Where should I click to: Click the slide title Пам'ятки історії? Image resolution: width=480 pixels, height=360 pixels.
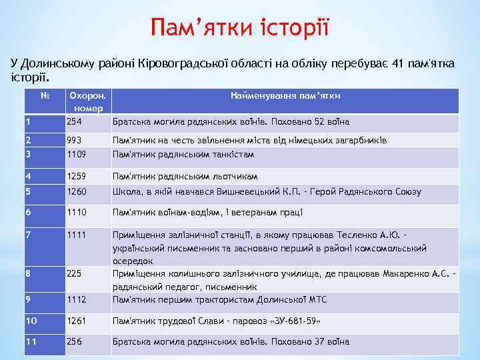point(240,27)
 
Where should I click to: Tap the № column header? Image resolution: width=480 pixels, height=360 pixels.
point(45,96)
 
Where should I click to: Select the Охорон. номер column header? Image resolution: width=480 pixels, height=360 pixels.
point(87,101)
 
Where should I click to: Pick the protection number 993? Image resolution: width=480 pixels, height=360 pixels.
point(75,141)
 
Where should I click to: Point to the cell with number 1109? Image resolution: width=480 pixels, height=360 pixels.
point(77,154)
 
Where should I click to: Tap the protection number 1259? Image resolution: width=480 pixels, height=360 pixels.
point(77,177)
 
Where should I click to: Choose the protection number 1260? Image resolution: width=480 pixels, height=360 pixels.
point(77,192)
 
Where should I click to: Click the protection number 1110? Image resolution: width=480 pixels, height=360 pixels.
point(77,212)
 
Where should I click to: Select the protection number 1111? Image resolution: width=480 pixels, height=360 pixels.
point(77,235)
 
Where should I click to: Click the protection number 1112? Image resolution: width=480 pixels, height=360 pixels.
point(77,299)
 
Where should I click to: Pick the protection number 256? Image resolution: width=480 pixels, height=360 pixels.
point(75,342)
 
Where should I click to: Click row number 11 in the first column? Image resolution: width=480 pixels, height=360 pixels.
point(30,342)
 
